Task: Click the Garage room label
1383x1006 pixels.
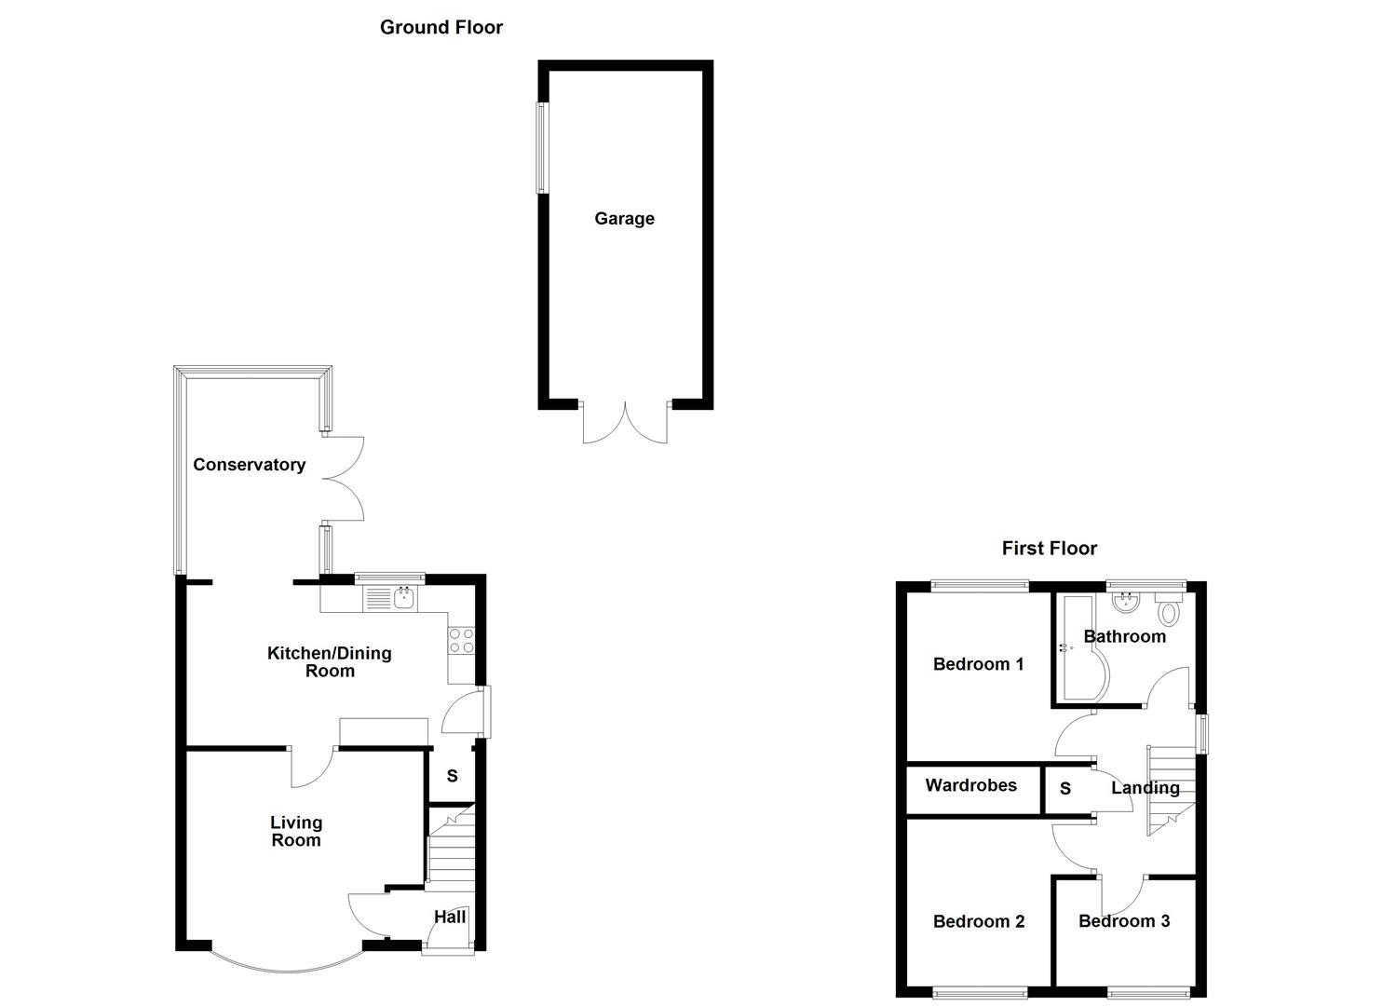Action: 624,219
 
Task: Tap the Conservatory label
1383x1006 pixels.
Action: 249,465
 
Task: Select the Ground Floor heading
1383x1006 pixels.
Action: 441,28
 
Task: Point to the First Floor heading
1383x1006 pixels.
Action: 1049,549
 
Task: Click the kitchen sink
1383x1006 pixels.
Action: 404,598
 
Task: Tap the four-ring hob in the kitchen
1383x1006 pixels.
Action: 461,641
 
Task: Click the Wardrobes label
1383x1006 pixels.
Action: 970,786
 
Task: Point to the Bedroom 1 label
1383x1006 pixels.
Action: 978,664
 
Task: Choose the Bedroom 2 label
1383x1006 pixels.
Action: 978,922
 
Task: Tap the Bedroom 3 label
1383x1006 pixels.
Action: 1123,921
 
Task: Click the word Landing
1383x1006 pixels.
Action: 1145,788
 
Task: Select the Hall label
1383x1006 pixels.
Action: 450,918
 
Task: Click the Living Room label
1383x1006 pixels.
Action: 296,831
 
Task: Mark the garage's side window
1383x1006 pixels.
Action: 540,148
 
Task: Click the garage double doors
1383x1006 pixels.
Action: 626,424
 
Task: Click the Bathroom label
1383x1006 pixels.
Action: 1124,637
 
